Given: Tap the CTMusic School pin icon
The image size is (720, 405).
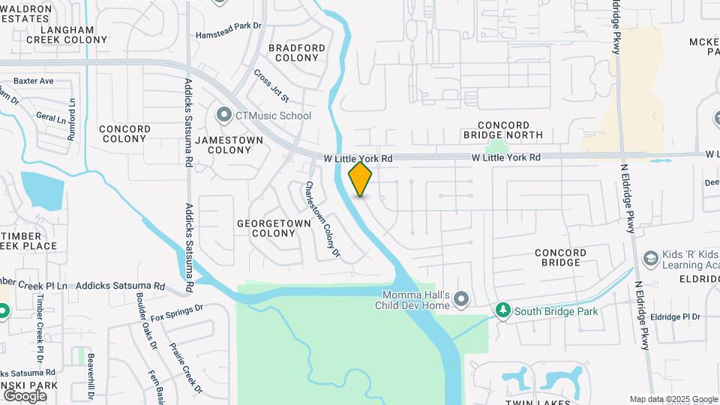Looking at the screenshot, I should point(223,115).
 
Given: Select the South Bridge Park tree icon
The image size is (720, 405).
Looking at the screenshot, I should point(502,310).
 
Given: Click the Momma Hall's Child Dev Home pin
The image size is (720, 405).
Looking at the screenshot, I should point(460,300).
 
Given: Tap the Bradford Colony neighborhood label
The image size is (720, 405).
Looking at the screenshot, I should point(296,52).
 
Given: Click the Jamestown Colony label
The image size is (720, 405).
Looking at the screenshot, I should point(229,145).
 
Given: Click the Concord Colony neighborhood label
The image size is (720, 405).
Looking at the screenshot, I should point(124,133).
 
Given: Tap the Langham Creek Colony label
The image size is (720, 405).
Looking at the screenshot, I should point(67,34).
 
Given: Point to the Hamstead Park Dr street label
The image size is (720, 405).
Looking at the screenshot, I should point(228,34).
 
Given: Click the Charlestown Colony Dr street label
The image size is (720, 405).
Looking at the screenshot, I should point(322,220).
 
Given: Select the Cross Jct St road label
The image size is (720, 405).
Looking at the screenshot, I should point(271,86).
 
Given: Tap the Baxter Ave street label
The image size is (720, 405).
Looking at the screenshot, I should point(33,81).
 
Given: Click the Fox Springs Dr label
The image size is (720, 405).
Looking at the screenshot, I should point(177,313).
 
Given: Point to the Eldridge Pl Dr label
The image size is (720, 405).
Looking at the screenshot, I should point(675,316).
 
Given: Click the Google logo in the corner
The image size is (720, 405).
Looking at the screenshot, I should point(24,395).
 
